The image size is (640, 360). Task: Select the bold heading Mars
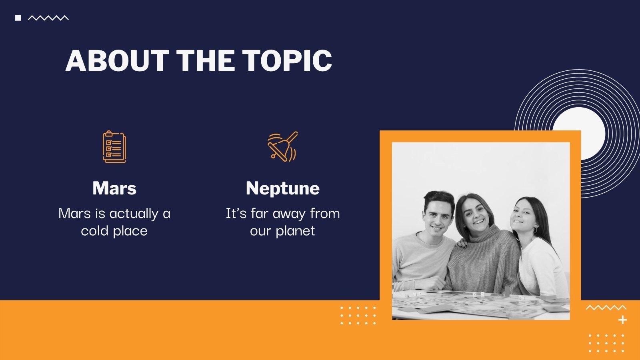(114, 188)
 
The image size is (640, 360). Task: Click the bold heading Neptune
(282, 188)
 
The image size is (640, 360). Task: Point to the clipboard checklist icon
(114, 147)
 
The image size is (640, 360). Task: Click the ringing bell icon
(283, 147)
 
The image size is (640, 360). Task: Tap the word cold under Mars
(94, 231)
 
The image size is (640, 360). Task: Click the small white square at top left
(18, 18)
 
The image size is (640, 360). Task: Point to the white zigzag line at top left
(48, 18)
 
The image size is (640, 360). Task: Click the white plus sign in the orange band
(622, 320)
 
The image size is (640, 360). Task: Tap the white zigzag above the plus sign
(606, 308)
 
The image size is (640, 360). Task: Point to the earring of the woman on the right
(536, 230)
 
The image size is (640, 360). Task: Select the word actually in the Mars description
(134, 214)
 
